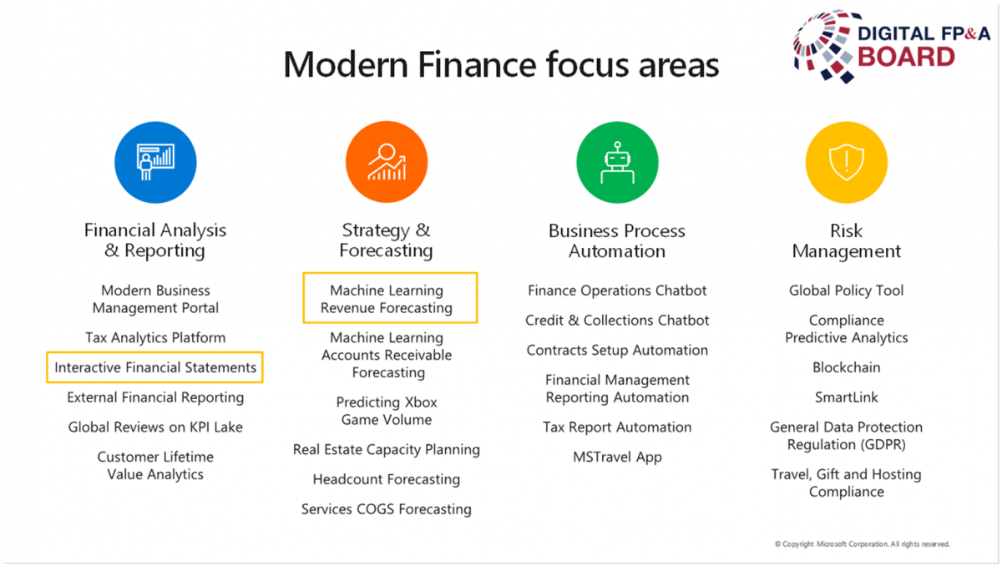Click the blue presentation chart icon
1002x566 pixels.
(x=155, y=162)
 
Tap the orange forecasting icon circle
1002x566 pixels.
(x=387, y=162)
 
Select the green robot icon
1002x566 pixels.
(x=617, y=162)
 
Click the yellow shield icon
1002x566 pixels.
(x=847, y=162)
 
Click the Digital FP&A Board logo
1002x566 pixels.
(x=891, y=46)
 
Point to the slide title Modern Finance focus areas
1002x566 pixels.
(x=501, y=65)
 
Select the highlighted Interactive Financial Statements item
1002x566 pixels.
(x=154, y=367)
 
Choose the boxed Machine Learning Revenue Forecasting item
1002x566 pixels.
(x=390, y=298)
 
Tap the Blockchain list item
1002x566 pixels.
(x=847, y=367)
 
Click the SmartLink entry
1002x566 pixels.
(x=847, y=397)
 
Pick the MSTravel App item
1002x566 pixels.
(x=617, y=457)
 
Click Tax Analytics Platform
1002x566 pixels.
(x=155, y=337)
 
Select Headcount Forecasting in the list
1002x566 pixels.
(x=387, y=479)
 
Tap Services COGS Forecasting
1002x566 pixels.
(x=387, y=509)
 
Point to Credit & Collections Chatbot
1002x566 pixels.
(x=617, y=320)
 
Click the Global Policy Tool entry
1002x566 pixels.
(x=847, y=291)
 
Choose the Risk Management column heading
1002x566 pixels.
(x=847, y=241)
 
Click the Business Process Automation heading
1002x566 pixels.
(x=617, y=241)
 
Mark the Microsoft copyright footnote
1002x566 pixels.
(x=863, y=544)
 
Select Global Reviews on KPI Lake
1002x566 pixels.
(x=155, y=427)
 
